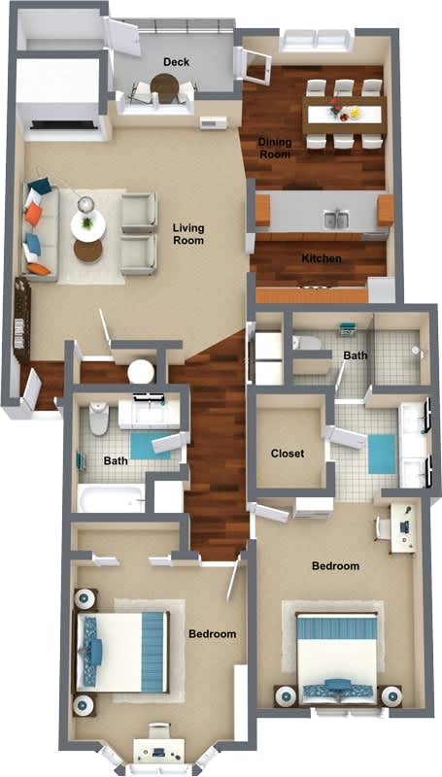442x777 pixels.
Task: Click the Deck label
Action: point(176,62)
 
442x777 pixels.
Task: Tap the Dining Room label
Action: point(275,148)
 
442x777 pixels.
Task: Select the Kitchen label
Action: point(320,258)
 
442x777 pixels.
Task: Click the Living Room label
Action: point(188,234)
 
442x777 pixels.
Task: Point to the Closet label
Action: point(288,454)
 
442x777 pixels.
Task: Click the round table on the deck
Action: point(164,88)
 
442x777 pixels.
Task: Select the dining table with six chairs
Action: point(345,115)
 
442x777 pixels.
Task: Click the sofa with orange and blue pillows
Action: point(39,229)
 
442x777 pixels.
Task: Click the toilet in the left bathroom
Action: point(98,420)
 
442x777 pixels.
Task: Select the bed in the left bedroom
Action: point(120,652)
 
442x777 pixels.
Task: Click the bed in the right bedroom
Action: point(336,657)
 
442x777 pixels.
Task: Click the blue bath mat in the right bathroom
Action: point(382,454)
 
